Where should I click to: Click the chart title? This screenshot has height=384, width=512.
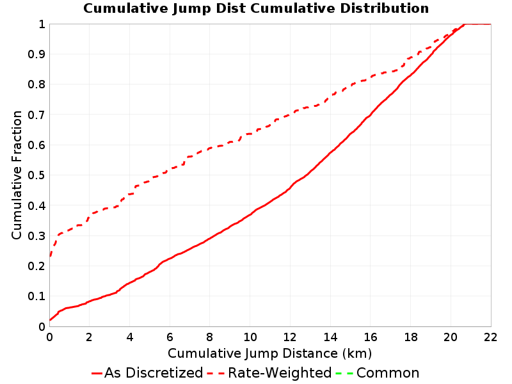(x=256, y=8)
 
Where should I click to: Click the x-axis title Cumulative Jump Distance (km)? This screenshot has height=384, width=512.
(x=269, y=353)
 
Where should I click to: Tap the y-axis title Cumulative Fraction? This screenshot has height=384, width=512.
(x=17, y=175)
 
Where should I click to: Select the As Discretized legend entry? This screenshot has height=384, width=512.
(x=147, y=372)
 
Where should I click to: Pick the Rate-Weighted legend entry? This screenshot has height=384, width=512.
(x=269, y=372)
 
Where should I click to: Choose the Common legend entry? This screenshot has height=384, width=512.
(x=378, y=372)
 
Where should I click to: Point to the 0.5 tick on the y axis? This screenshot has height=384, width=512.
(x=36, y=175)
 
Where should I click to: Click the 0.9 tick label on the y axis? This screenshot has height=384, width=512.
(x=36, y=54)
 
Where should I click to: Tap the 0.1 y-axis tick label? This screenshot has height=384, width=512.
(x=36, y=296)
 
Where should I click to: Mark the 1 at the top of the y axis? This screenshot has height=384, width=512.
(x=42, y=24)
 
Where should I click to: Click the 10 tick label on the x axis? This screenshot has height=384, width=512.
(x=250, y=337)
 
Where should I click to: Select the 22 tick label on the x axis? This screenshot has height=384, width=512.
(x=490, y=337)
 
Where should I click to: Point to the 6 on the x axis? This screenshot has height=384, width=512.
(x=170, y=337)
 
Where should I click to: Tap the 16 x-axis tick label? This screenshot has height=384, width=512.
(x=371, y=337)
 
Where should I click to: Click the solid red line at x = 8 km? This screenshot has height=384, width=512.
(x=210, y=238)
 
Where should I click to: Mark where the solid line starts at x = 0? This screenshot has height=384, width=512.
(x=50, y=319)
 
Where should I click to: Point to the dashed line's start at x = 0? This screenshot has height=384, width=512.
(x=50, y=257)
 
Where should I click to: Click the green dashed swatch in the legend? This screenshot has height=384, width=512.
(x=344, y=373)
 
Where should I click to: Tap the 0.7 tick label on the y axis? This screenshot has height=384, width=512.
(x=36, y=115)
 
